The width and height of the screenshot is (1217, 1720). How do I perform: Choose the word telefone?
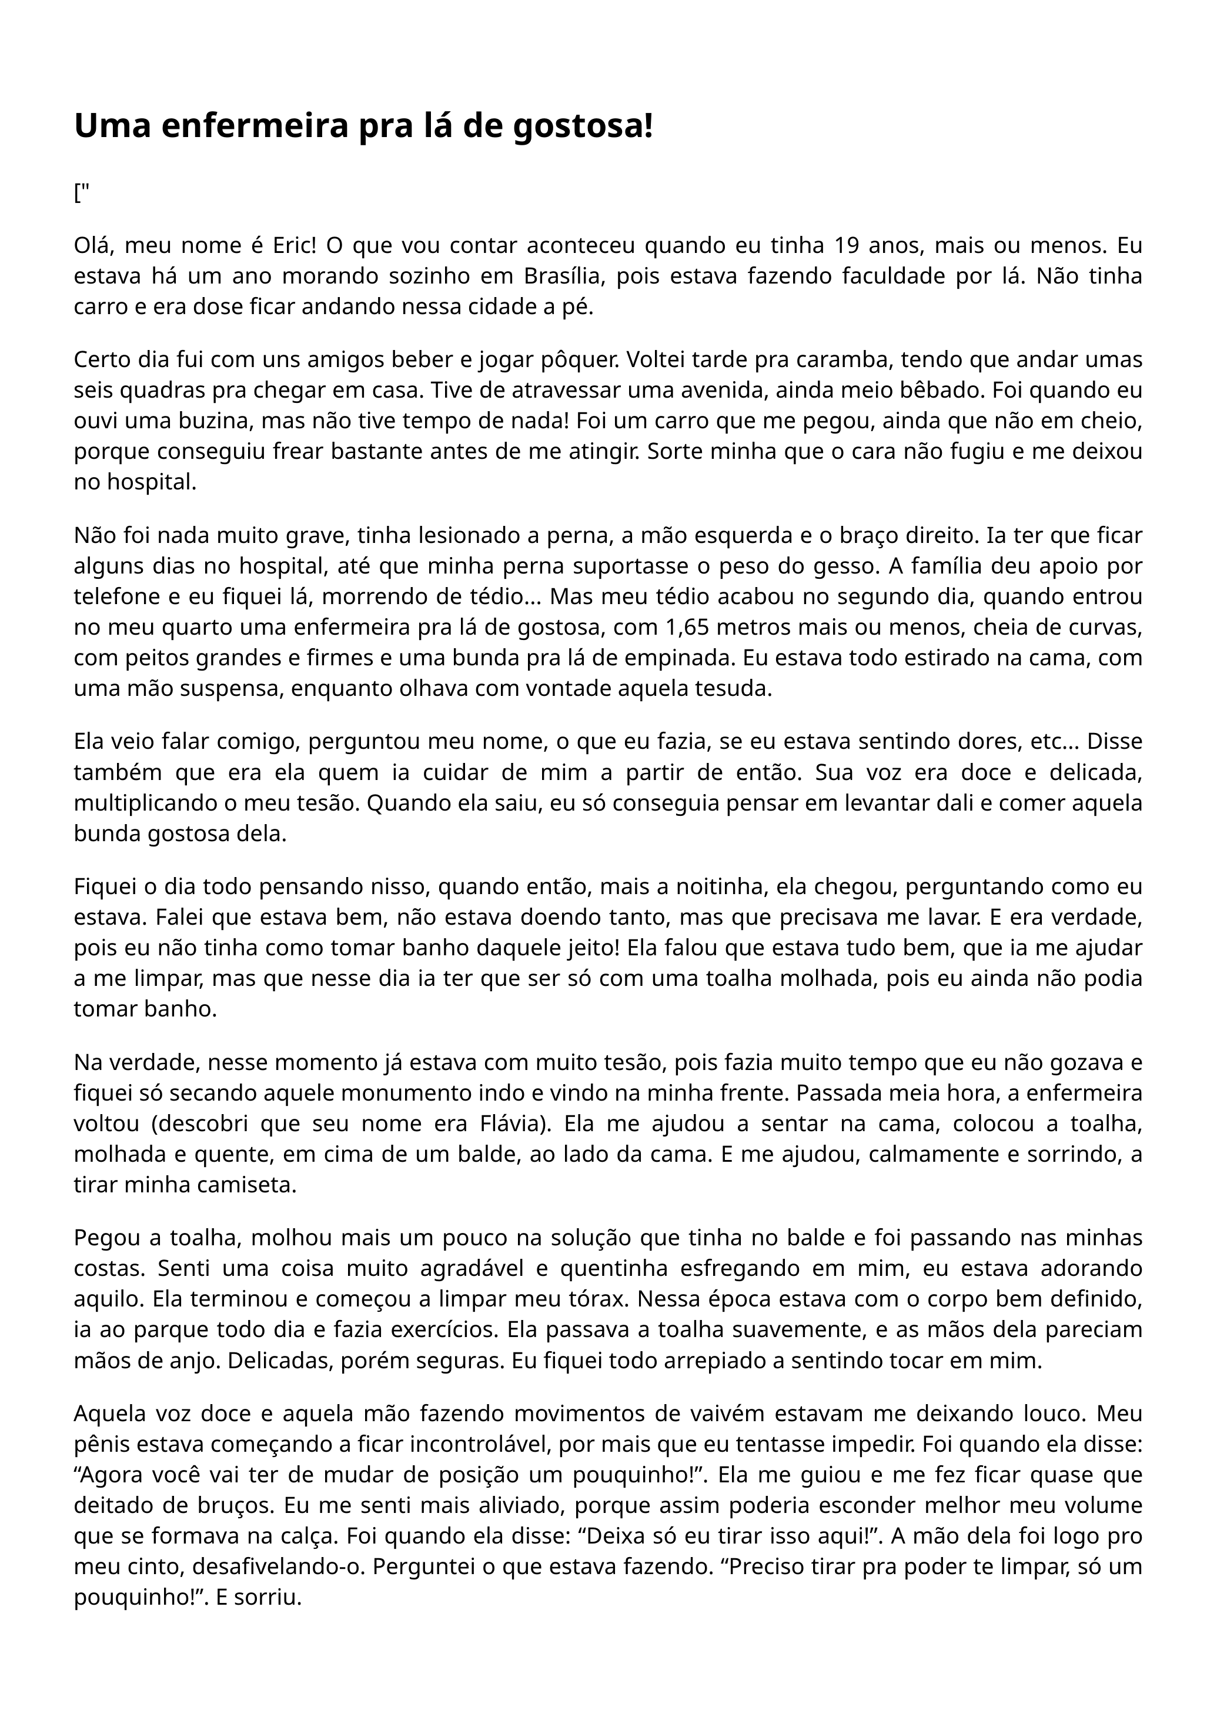(x=115, y=597)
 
